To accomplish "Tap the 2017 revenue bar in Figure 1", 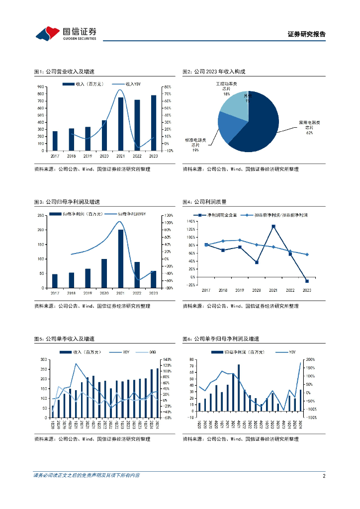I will (x=55, y=141).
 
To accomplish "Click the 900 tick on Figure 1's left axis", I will (x=41, y=87).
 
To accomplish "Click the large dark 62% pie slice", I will (x=259, y=124).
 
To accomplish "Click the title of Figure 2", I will (x=214, y=72).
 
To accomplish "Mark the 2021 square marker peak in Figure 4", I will (x=273, y=226).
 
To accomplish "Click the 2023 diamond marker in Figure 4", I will (x=307, y=254).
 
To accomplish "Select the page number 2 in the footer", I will (x=324, y=476).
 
